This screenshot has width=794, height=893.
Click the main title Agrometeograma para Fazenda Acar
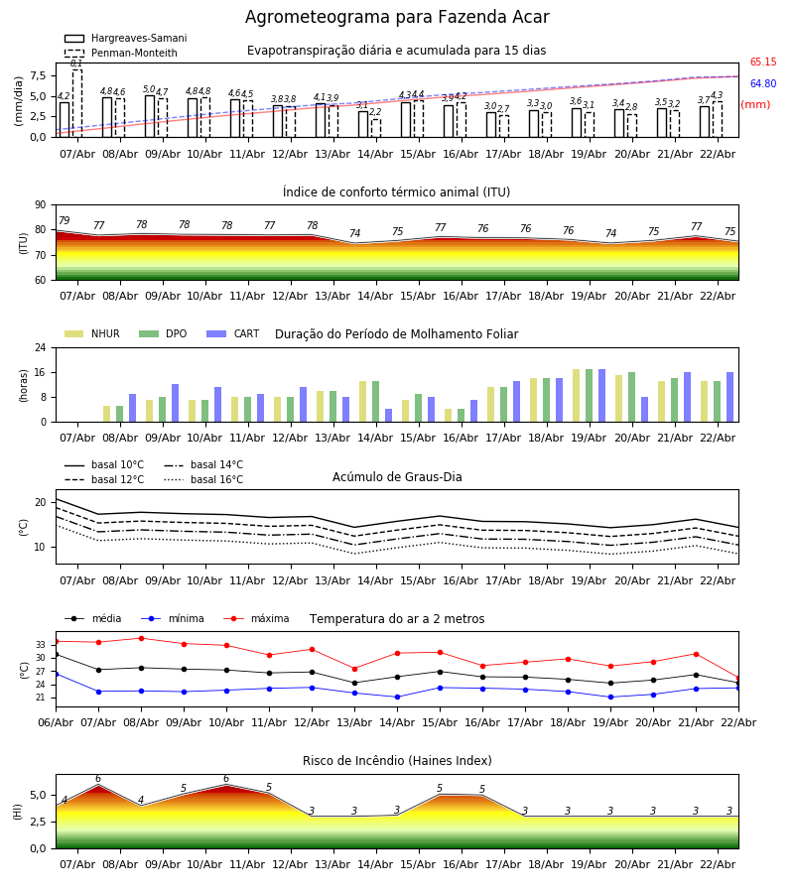(x=397, y=18)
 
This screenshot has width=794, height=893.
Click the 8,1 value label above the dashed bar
(x=76, y=64)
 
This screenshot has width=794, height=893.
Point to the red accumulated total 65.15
(x=762, y=63)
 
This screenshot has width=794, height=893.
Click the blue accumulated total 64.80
(x=762, y=84)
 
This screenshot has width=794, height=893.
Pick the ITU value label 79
(x=64, y=221)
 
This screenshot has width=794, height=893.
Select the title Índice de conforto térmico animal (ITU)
(x=396, y=192)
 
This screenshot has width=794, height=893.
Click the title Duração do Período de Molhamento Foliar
(x=396, y=334)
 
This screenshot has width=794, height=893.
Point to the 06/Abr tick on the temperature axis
(x=56, y=721)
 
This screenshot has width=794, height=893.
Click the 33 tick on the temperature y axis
(x=42, y=645)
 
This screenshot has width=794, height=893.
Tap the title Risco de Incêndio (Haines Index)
(x=396, y=761)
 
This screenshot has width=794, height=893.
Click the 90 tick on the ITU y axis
(x=40, y=205)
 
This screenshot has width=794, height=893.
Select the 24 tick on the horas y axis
(x=40, y=348)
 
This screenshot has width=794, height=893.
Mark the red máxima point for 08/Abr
(x=141, y=638)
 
